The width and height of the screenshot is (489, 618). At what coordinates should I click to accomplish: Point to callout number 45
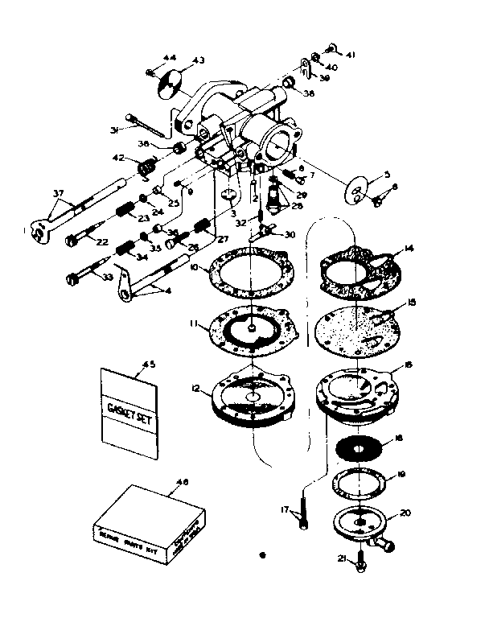[x=147, y=365]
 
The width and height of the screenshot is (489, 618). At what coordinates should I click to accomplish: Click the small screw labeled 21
[x=358, y=566]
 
